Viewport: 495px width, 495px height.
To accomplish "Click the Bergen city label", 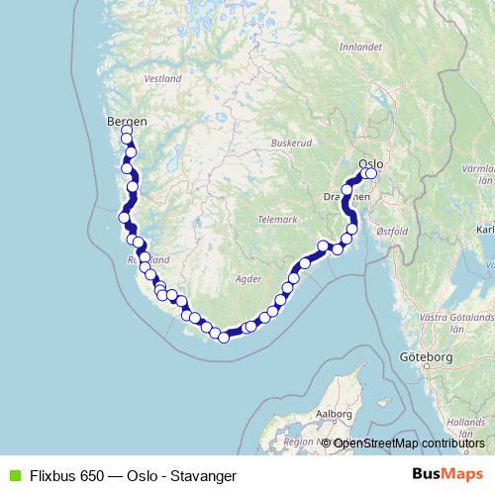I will (x=126, y=121).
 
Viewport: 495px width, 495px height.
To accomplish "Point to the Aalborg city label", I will (x=333, y=413).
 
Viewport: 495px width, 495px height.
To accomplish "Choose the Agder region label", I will (x=247, y=279).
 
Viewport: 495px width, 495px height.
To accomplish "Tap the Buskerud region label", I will (x=291, y=143).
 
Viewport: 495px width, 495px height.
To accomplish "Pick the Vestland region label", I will (x=162, y=77).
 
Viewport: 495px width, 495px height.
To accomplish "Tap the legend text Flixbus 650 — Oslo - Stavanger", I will (x=131, y=475).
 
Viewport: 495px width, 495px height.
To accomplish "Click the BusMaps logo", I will (x=447, y=474).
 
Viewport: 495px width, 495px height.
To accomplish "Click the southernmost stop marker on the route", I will (x=224, y=338).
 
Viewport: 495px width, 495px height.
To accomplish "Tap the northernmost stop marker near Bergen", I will (x=127, y=131).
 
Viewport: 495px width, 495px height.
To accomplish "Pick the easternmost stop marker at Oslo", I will (x=372, y=173).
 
